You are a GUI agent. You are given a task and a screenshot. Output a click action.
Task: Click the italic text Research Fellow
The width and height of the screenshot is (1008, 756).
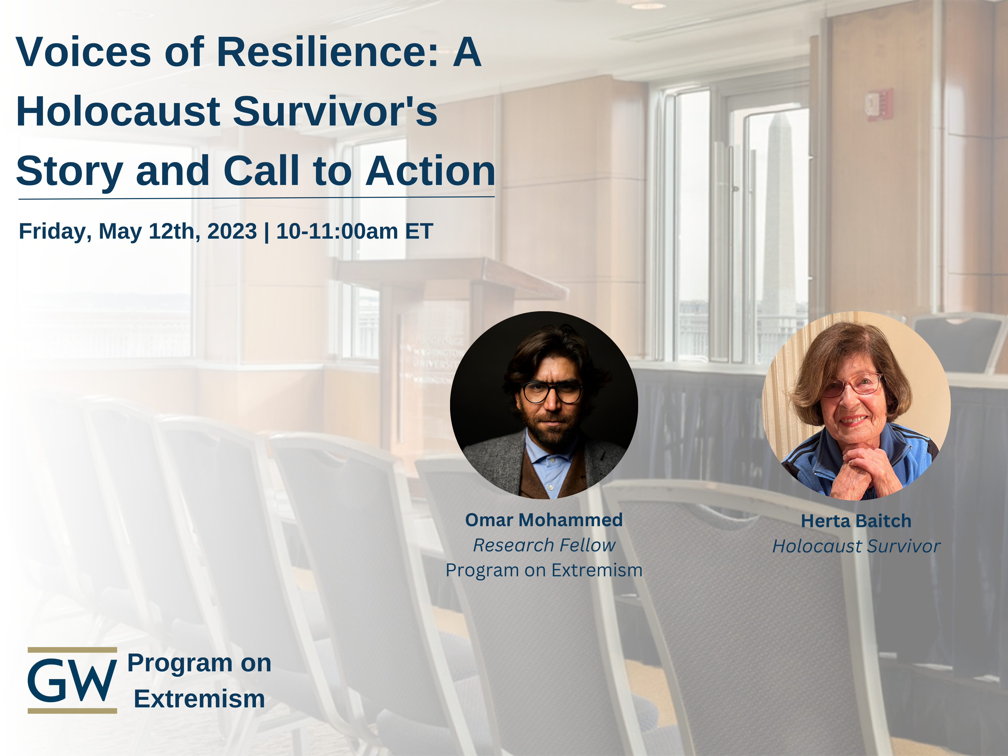pyautogui.click(x=544, y=545)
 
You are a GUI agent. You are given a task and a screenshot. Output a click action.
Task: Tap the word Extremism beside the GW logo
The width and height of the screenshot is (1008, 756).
pyautogui.click(x=199, y=699)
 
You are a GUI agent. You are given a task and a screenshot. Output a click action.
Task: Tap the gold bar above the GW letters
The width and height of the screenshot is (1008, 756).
pyautogui.click(x=72, y=650)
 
